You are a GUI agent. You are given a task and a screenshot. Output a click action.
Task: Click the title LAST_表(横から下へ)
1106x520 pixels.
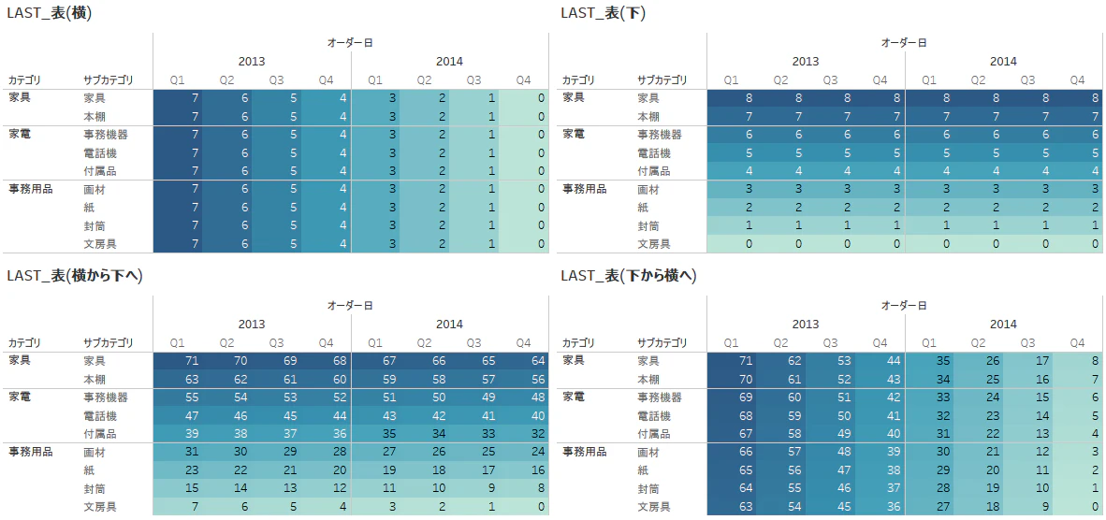click(x=75, y=276)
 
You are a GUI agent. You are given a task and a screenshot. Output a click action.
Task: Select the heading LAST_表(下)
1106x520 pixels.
click(x=604, y=13)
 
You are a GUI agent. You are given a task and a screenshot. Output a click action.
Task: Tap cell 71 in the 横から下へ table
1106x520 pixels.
click(x=178, y=361)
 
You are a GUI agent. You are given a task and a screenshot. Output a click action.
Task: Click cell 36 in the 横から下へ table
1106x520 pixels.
click(x=326, y=434)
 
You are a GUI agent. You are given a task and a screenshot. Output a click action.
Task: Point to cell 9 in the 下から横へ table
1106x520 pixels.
click(x=1028, y=507)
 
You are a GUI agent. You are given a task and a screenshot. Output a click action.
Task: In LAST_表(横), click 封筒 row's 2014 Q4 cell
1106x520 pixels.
click(x=523, y=226)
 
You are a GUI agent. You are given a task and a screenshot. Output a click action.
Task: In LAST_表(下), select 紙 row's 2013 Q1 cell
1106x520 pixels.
click(x=732, y=208)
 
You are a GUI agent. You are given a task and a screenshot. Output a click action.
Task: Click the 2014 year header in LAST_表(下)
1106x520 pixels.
click(x=1003, y=62)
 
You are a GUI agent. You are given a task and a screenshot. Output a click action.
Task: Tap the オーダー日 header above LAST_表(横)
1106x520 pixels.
click(x=350, y=43)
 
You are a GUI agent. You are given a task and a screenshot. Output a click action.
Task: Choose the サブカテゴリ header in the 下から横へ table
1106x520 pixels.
click(x=662, y=343)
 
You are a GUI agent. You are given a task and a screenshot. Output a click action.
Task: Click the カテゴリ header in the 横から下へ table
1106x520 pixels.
click(x=24, y=343)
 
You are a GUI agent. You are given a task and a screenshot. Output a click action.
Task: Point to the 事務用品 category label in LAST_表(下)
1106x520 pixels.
click(x=584, y=189)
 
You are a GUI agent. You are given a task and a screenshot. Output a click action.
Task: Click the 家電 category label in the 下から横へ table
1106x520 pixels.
click(x=574, y=397)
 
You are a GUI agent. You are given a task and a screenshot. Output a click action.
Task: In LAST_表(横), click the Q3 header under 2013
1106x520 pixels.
click(x=277, y=80)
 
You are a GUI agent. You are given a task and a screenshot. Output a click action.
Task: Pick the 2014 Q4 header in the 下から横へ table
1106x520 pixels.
click(x=1078, y=343)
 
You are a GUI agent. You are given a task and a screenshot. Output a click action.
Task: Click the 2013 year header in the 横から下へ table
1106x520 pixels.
click(x=252, y=325)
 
